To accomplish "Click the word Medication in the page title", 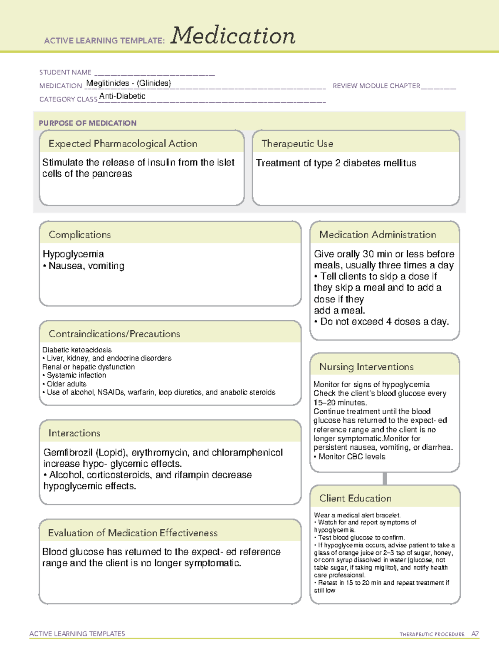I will point(233,36).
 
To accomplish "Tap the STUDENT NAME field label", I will point(65,72).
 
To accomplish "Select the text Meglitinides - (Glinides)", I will point(128,83).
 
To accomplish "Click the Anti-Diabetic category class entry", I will point(122,96).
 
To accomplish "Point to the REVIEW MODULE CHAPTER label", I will point(376,86).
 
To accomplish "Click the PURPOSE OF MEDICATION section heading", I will point(88,123).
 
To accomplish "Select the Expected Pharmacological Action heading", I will point(123,144).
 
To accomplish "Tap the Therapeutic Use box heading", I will point(297,144).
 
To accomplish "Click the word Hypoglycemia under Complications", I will point(73,254).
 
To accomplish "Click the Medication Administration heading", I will point(377,235).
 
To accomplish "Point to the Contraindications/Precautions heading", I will point(114,334).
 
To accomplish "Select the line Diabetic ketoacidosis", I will point(77,350).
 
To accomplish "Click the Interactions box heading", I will point(74,433).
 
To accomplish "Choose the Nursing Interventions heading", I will point(366,367).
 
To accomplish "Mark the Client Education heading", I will point(355,498).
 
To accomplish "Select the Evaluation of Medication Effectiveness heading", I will point(133,533).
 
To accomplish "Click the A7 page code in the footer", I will point(475,634).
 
